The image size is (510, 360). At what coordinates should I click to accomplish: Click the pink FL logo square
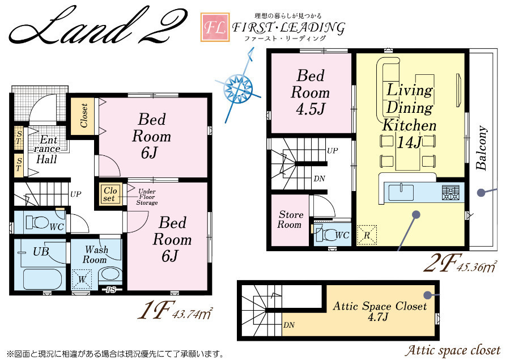215,27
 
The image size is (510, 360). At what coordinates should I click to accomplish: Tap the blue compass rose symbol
239,86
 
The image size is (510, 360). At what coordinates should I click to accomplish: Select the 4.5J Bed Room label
311,92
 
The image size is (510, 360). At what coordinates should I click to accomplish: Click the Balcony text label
482,147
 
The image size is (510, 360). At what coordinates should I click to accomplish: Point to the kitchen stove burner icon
450,192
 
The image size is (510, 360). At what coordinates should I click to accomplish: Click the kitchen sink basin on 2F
401,192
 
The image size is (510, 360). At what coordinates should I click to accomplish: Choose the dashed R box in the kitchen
367,235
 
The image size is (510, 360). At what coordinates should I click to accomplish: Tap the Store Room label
290,219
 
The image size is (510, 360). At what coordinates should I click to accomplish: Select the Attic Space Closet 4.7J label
380,311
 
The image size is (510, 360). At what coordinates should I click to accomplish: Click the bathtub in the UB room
42,279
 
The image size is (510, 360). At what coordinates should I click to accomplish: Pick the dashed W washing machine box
82,279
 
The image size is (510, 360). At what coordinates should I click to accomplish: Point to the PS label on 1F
111,289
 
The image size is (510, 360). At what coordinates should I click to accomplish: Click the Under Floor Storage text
147,197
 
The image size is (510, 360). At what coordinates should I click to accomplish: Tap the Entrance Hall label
47,150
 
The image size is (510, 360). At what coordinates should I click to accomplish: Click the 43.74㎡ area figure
193,315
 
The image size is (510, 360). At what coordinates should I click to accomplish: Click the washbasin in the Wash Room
110,275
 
